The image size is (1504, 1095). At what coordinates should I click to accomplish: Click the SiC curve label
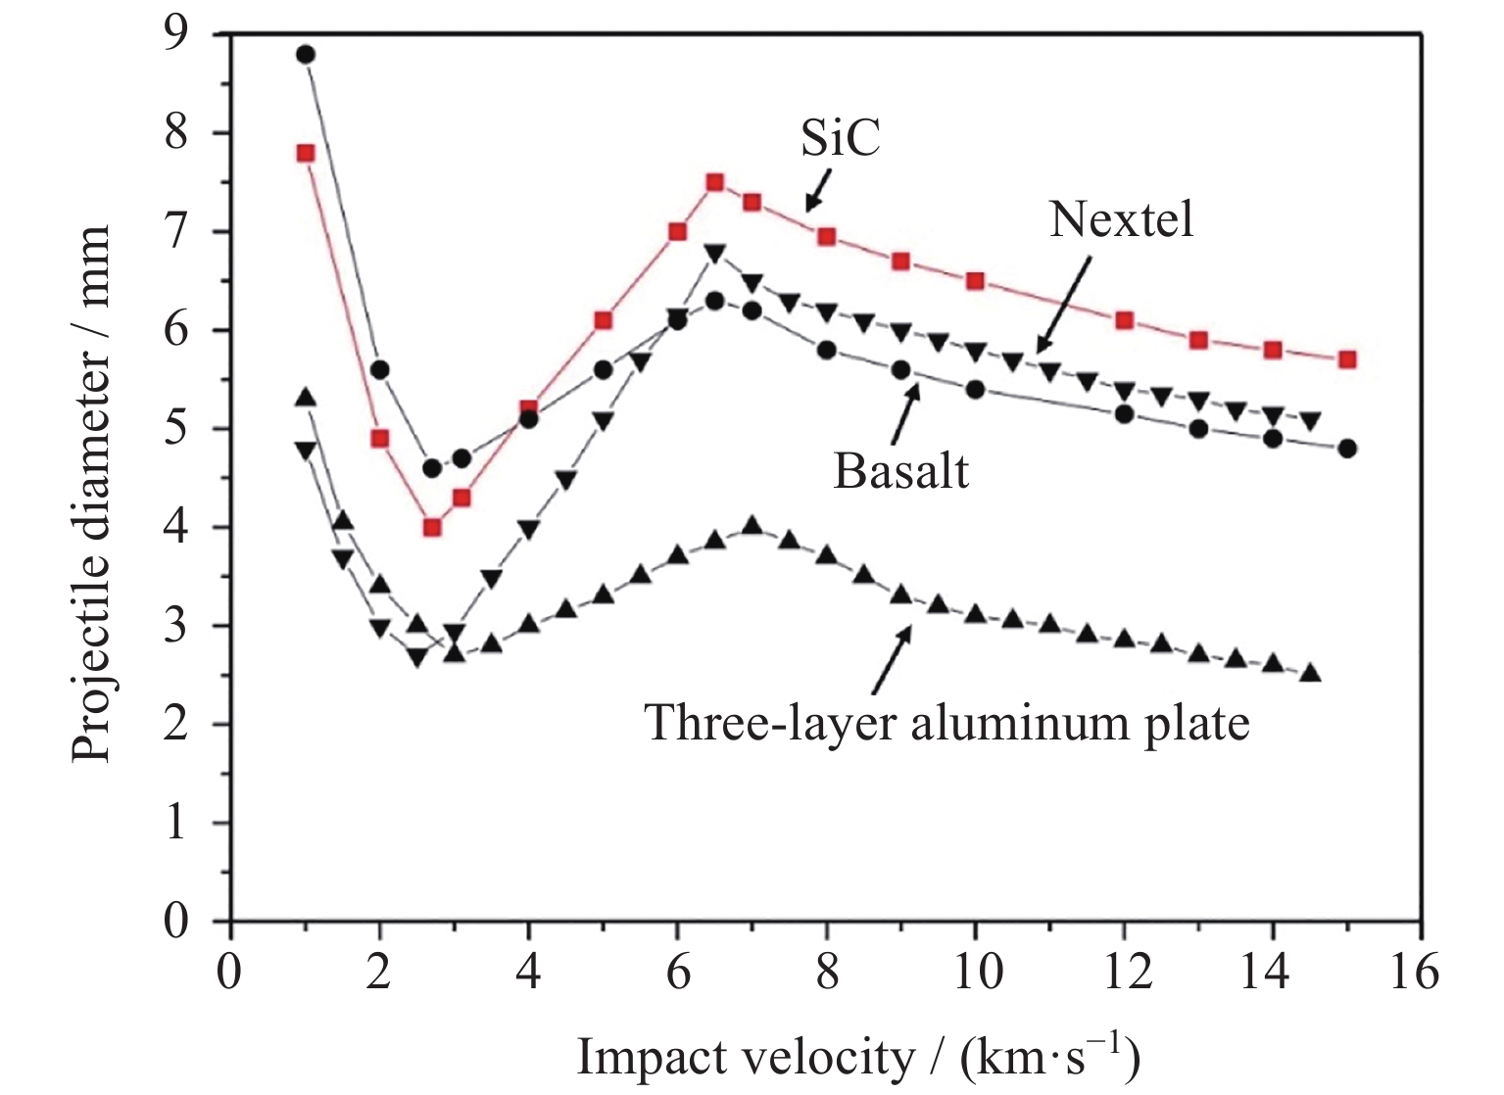tap(840, 138)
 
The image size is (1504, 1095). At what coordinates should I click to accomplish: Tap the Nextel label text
tap(1121, 219)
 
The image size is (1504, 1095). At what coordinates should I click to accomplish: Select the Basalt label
tap(900, 471)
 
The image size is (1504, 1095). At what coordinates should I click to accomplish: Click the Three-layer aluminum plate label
tap(946, 724)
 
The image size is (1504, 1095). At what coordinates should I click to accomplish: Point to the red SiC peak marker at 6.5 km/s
tap(714, 182)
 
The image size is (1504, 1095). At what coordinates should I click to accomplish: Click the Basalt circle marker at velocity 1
tap(306, 55)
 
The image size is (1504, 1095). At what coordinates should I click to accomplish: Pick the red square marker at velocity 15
tap(1347, 359)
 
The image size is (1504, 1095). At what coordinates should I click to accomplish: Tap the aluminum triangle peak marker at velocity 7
tap(752, 527)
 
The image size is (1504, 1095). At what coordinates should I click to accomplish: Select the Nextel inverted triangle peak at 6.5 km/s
tap(714, 254)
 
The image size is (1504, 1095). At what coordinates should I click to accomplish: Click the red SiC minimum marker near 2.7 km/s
tap(432, 527)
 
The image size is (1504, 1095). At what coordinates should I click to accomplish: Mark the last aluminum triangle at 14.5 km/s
tap(1310, 674)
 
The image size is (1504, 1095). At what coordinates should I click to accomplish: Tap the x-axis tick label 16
tap(1420, 973)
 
